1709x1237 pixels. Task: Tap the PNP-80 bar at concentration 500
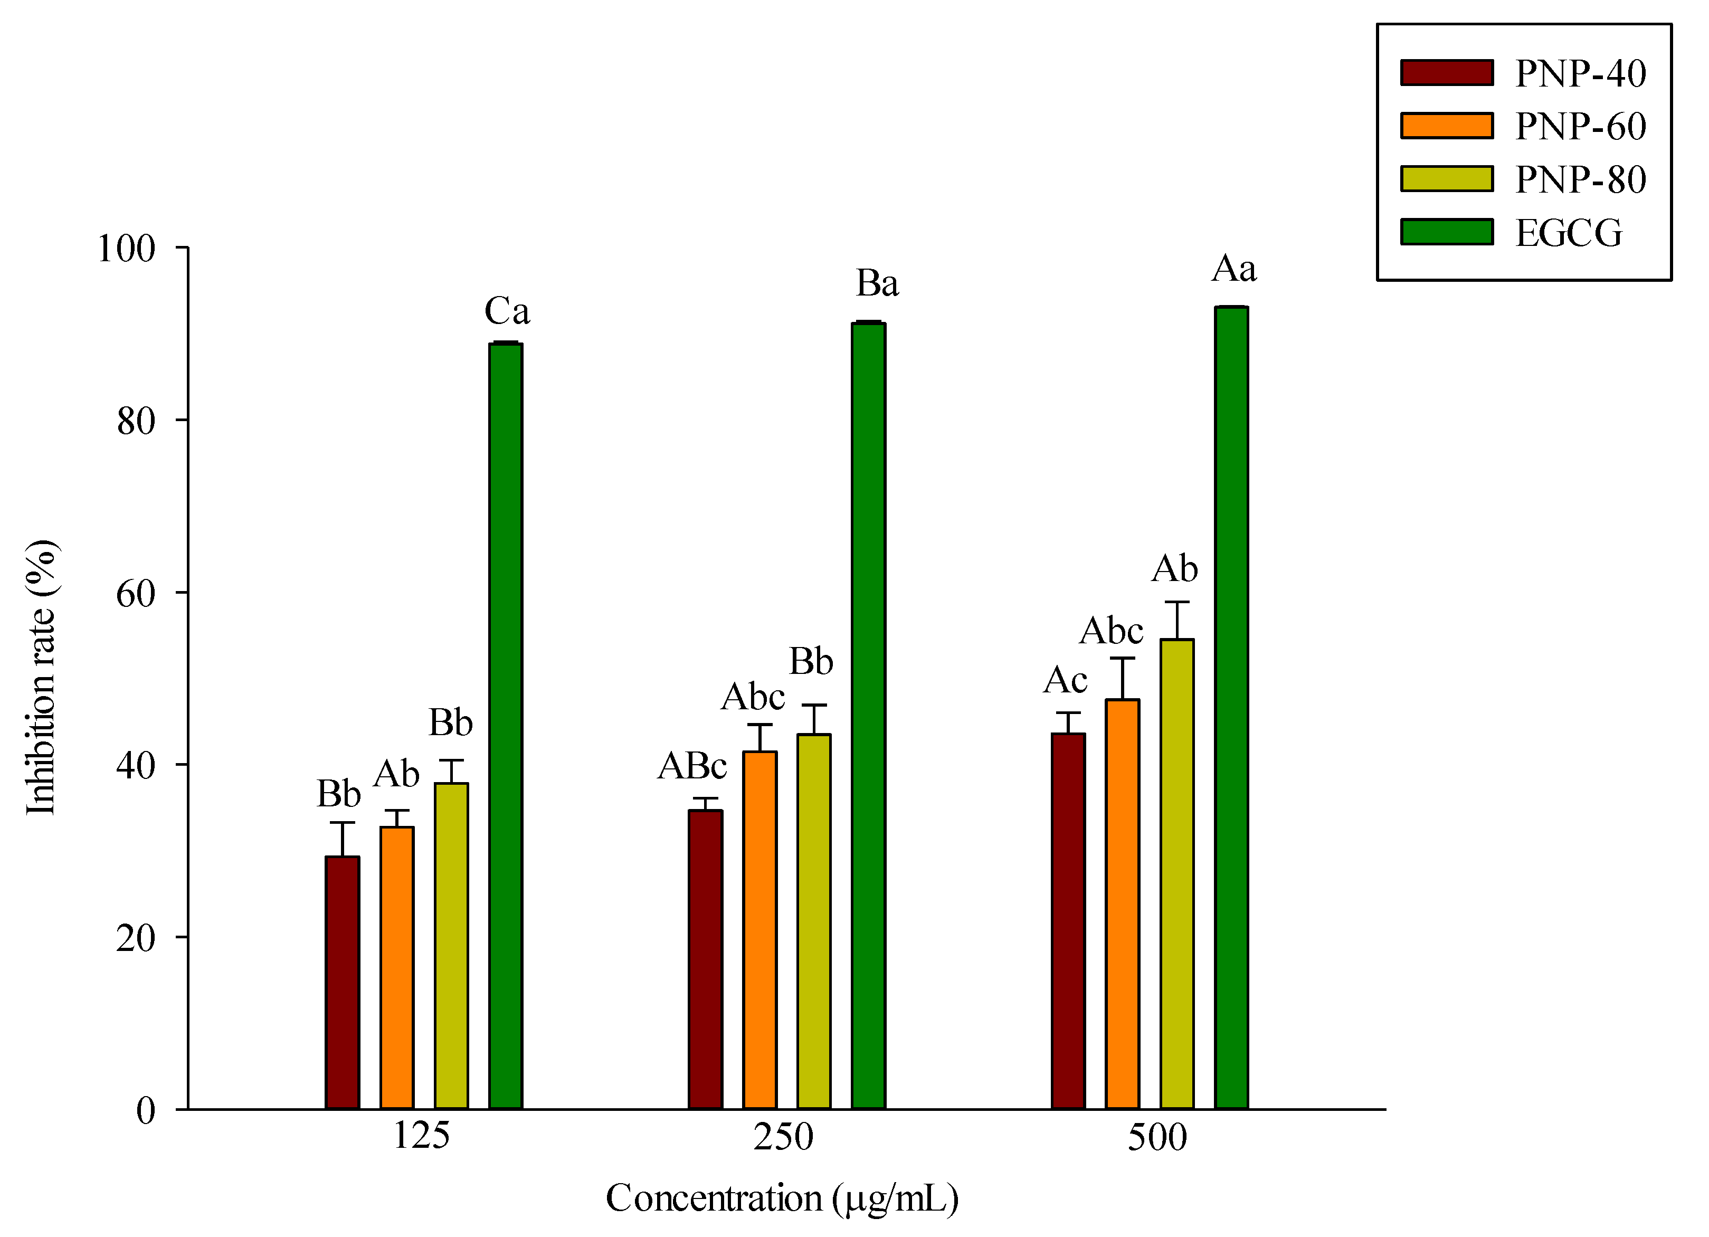1176,874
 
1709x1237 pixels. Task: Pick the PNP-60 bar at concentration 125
396,967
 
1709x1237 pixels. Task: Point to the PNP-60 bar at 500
1122,904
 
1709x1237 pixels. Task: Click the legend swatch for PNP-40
1446,73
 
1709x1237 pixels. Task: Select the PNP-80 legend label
1580,180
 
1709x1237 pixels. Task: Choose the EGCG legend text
1568,233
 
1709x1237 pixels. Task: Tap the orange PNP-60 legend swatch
1446,126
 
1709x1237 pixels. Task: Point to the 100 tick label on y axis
126,249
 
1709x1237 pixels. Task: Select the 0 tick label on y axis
146,1110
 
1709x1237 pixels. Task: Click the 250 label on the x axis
783,1137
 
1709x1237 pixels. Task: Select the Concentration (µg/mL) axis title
782,1198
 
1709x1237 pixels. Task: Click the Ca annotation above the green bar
506,310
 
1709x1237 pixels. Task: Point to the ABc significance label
692,767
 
